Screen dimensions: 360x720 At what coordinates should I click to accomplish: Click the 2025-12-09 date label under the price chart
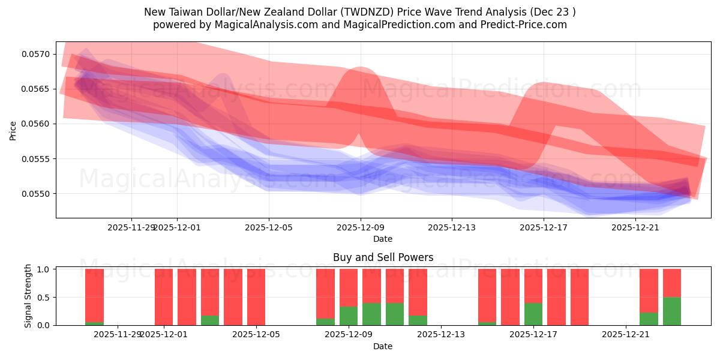coord(361,227)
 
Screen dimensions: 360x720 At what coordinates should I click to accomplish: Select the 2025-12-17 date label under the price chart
coord(544,227)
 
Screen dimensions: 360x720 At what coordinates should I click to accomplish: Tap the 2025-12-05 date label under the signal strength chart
coord(256,334)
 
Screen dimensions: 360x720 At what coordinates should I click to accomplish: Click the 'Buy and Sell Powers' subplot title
coord(383,257)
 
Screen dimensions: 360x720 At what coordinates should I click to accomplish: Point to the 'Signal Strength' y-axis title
coord(28,296)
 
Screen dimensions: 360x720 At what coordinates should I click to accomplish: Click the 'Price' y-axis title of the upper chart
coord(13,130)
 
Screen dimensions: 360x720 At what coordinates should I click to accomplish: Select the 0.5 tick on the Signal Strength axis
coord(43,298)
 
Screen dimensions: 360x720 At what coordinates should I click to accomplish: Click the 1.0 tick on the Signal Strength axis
coord(43,269)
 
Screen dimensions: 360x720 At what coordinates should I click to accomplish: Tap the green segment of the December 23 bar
coord(672,311)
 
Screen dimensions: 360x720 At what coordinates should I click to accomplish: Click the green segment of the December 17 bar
coord(533,314)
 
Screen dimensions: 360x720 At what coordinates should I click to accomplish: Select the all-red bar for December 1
coord(164,297)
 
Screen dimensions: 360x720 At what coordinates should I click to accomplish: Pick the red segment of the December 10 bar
coord(395,286)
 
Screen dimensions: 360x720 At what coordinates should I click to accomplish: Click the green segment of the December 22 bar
coord(649,319)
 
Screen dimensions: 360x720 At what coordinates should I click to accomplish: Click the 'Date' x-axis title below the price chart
coord(383,239)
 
